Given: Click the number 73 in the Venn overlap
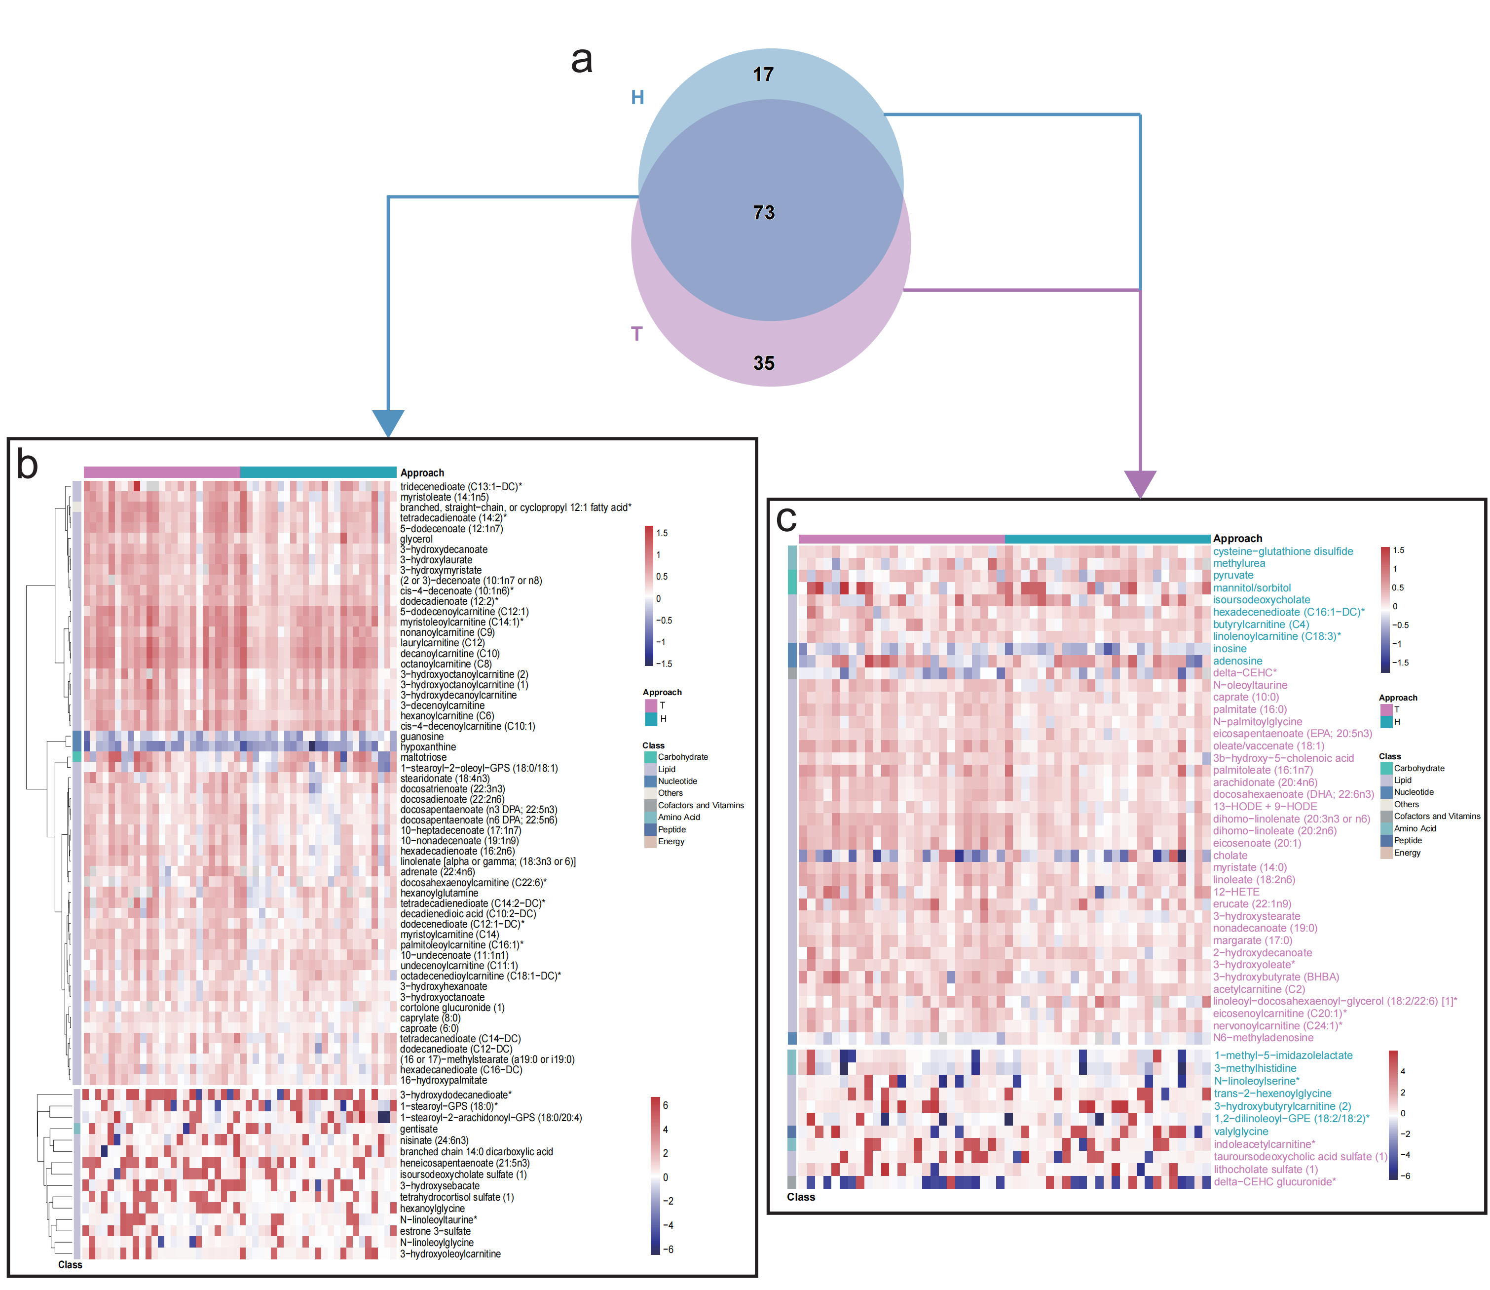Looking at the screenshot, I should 763,212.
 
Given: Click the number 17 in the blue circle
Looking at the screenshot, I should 763,74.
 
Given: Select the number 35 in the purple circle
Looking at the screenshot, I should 763,363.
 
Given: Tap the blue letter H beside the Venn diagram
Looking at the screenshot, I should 637,97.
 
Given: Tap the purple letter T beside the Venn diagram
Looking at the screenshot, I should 636,333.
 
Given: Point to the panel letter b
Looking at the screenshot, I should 27,465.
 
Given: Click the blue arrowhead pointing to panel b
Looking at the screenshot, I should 388,423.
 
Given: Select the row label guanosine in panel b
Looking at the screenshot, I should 422,737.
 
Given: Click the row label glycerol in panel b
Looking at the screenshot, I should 416,539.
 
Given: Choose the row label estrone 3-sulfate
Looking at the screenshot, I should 435,1231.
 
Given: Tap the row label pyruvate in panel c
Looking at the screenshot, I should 1233,575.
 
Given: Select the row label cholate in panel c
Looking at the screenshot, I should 1230,855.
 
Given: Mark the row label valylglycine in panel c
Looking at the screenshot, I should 1241,1131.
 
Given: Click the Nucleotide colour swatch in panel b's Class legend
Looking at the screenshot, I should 650,781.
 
